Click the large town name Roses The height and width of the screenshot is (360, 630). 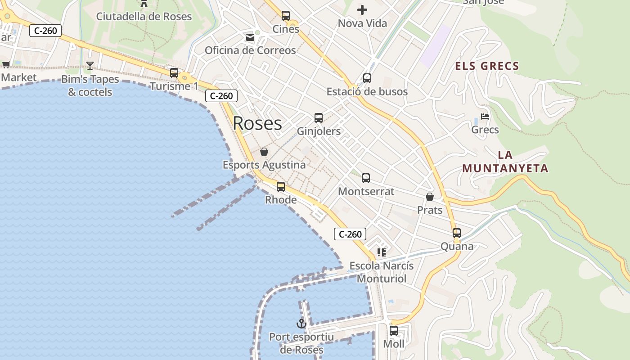257,123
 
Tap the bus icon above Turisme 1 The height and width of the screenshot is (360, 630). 174,72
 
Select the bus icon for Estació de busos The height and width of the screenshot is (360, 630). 367,78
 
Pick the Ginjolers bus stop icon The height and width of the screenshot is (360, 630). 319,118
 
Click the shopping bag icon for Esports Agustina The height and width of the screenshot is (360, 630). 264,152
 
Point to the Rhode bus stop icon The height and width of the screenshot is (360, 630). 281,186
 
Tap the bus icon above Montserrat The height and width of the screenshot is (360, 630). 366,178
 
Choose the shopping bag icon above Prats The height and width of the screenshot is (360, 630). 430,197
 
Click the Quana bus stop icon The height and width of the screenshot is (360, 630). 457,233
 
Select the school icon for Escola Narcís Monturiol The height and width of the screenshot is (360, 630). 382,252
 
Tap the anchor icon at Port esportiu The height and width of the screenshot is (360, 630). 301,323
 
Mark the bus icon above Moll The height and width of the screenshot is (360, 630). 394,331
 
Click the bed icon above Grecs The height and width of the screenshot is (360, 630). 485,116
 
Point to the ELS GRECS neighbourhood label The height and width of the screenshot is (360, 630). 487,66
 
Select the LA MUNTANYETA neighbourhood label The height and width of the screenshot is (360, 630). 505,162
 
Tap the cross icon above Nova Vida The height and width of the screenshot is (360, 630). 362,9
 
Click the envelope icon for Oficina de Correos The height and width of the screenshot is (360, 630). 250,37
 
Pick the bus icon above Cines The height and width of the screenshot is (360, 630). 286,16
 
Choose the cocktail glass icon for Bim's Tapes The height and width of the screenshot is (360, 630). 90,66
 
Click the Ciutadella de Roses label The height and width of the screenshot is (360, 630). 144,17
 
